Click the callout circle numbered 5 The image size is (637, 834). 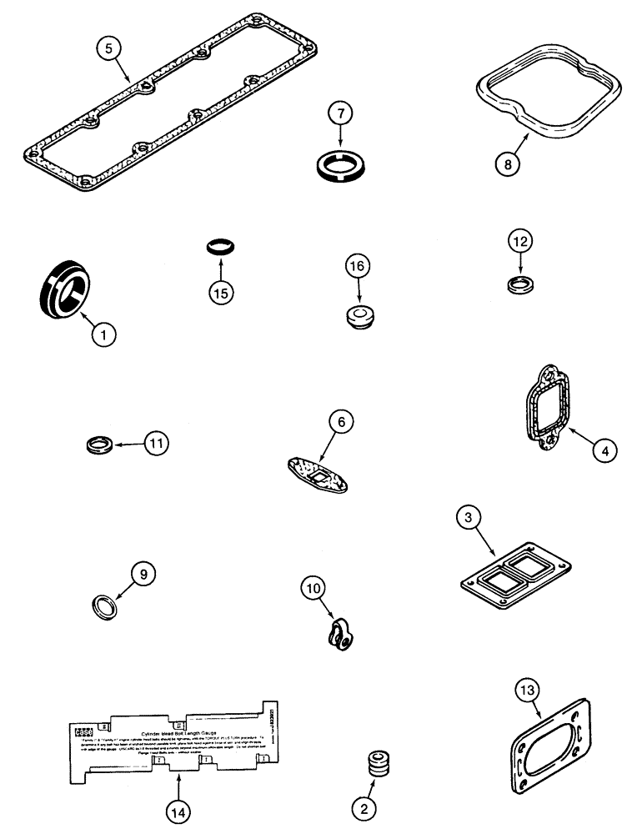point(107,48)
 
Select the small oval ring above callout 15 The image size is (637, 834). point(219,247)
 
